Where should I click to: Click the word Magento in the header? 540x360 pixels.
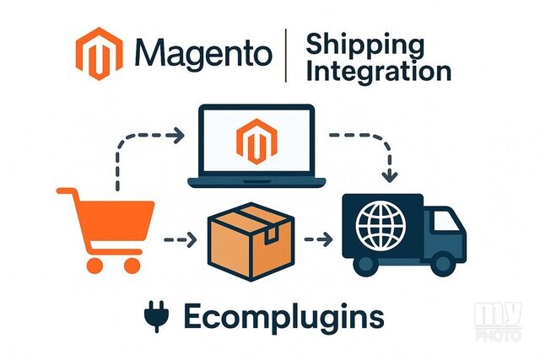pos(203,53)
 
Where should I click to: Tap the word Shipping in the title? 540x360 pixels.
pos(365,46)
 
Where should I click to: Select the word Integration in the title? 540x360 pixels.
pos(379,72)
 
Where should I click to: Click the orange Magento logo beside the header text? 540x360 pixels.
pos(100,54)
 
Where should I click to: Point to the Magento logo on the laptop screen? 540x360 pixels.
pos(256,142)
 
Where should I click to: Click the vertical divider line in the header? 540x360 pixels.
pos(285,56)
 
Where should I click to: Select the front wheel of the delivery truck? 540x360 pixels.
pos(443,264)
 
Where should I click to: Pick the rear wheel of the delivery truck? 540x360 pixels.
pos(365,264)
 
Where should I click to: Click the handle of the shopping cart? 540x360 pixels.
pos(68,191)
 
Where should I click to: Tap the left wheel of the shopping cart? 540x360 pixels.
pos(94,266)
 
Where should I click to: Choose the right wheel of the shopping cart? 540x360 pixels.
pos(132,266)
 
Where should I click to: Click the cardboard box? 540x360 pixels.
pos(251,242)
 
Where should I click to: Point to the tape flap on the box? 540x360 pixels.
pos(271,234)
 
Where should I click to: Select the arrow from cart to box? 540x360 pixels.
pos(180,239)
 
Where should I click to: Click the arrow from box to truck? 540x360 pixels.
pos(318,239)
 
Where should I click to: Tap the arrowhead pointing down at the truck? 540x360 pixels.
pos(390,176)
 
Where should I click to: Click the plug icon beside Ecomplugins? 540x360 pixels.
pos(157,316)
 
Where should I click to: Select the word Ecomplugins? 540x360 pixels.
pos(283,317)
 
